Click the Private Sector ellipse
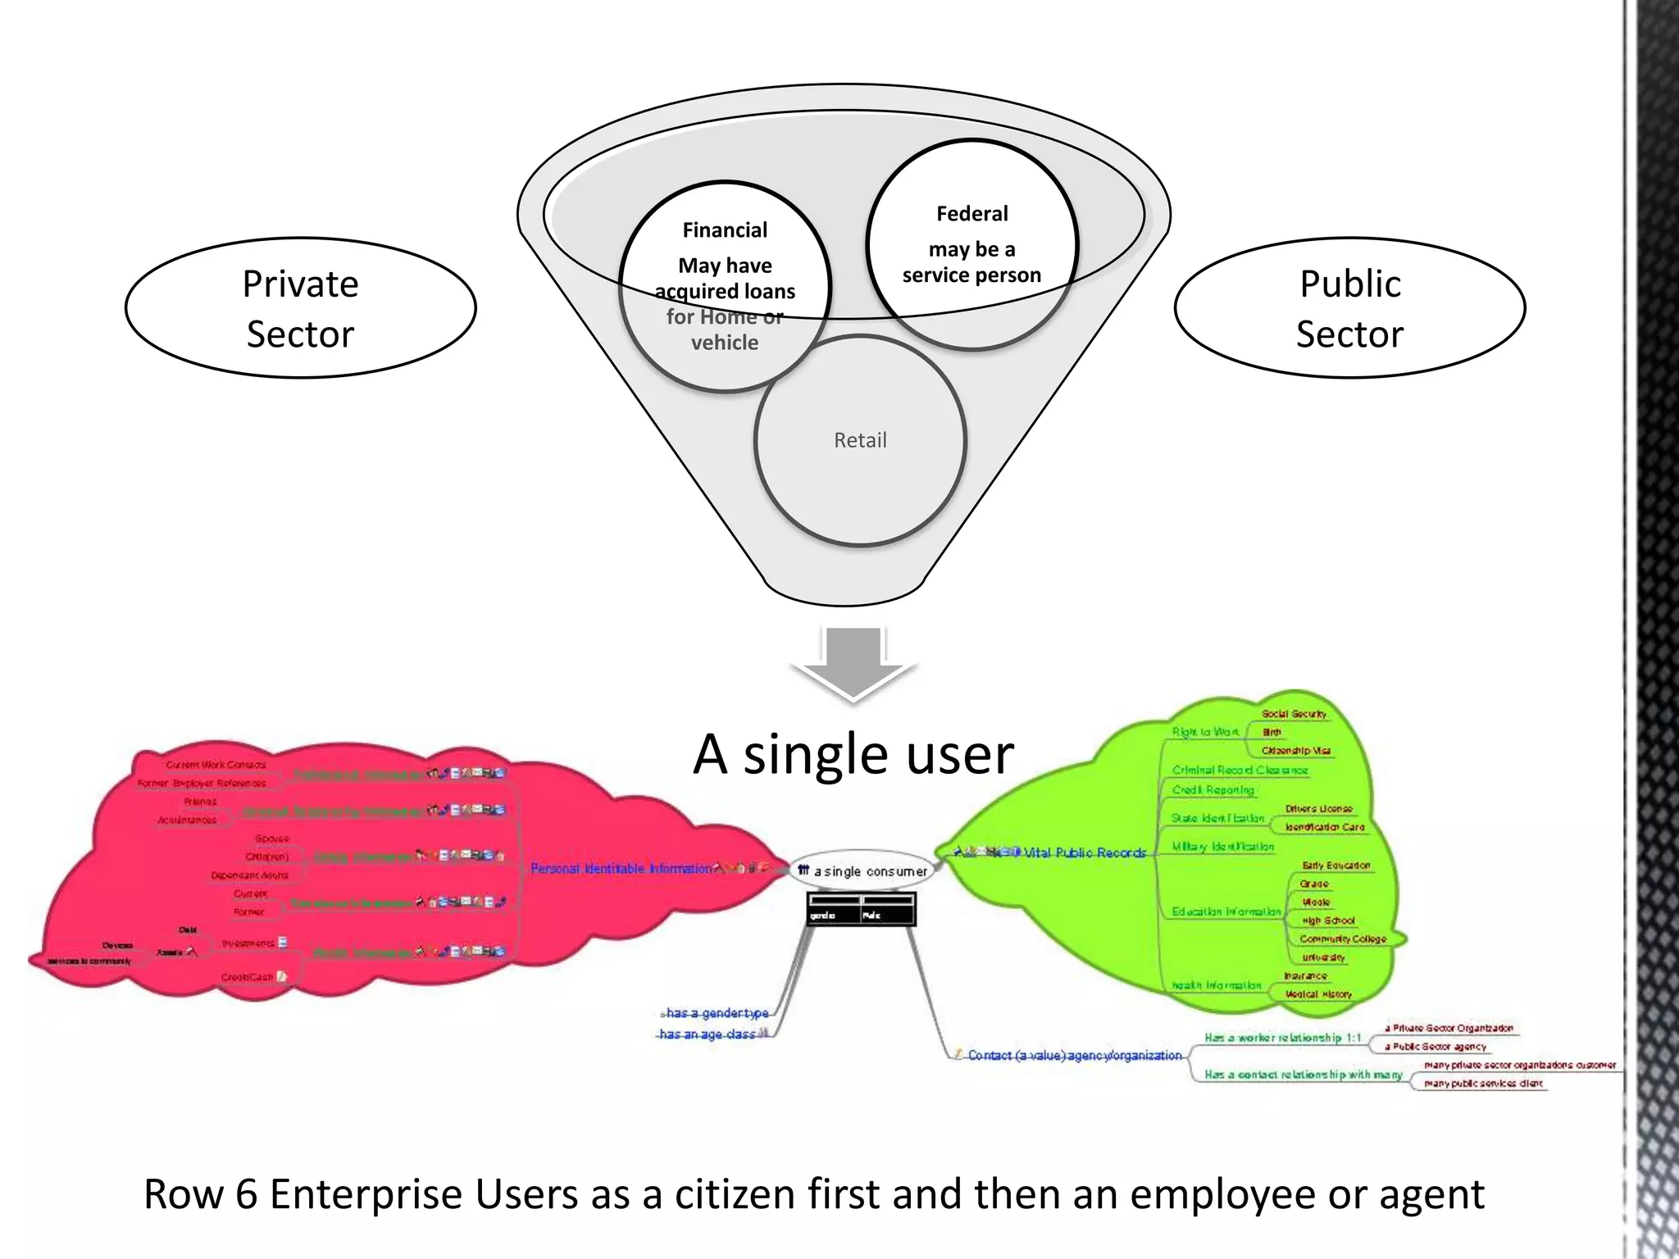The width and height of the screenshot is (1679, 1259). pyautogui.click(x=300, y=308)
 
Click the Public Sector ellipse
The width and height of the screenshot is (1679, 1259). pyautogui.click(x=1349, y=308)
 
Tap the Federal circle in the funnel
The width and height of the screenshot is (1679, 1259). pyautogui.click(x=971, y=244)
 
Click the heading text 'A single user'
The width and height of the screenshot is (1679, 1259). pyautogui.click(x=853, y=754)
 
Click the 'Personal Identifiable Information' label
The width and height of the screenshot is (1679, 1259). pyautogui.click(x=621, y=869)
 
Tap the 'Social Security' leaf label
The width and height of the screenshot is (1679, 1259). pyautogui.click(x=1294, y=714)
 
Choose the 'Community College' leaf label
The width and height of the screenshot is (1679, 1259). pyautogui.click(x=1342, y=939)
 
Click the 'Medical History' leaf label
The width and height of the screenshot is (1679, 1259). pyautogui.click(x=1318, y=994)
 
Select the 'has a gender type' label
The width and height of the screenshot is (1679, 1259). pyautogui.click(x=717, y=1013)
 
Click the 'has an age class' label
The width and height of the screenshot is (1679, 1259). pyautogui.click(x=708, y=1034)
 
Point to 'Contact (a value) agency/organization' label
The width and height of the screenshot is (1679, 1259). pyautogui.click(x=1074, y=1056)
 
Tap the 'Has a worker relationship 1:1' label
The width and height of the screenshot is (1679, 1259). pyautogui.click(x=1282, y=1038)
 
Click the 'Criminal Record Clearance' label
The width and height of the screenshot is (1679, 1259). pyautogui.click(x=1240, y=770)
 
